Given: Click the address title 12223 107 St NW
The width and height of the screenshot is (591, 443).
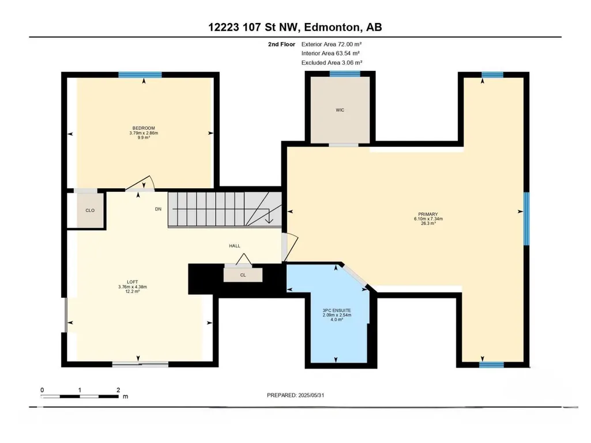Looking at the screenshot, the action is tap(253, 27).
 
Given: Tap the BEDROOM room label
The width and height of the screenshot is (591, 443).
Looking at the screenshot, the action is tap(144, 128).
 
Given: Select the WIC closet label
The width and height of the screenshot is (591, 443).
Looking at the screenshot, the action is tap(340, 110).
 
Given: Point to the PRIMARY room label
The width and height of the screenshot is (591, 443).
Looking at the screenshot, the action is tap(428, 214).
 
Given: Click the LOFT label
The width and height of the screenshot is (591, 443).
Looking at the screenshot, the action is tap(132, 282).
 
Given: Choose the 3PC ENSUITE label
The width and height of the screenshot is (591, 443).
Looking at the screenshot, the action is tap(337, 311).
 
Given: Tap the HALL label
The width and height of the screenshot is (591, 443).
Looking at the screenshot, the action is tap(235, 246).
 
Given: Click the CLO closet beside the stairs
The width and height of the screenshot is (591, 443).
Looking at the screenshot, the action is tap(90, 210).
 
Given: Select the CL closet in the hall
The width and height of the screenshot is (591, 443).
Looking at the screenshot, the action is tap(243, 275).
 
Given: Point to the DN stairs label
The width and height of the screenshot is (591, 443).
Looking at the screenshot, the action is tap(159, 209).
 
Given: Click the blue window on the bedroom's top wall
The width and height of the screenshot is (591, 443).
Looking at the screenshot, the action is tap(140, 74).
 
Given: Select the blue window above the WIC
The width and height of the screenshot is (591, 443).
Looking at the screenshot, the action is tap(345, 74).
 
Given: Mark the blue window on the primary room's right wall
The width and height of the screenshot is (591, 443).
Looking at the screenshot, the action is tap(526, 219).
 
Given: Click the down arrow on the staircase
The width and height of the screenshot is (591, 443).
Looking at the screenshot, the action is tap(269, 218).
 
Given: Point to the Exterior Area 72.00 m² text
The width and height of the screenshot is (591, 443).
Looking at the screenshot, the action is tap(332, 44).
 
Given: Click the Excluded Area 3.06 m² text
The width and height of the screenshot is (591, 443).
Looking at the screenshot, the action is tap(332, 63).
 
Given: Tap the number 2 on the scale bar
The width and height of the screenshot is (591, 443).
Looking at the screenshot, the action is tap(118, 390).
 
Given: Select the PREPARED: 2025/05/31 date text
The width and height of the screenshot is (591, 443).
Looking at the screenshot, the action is tap(295, 395).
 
